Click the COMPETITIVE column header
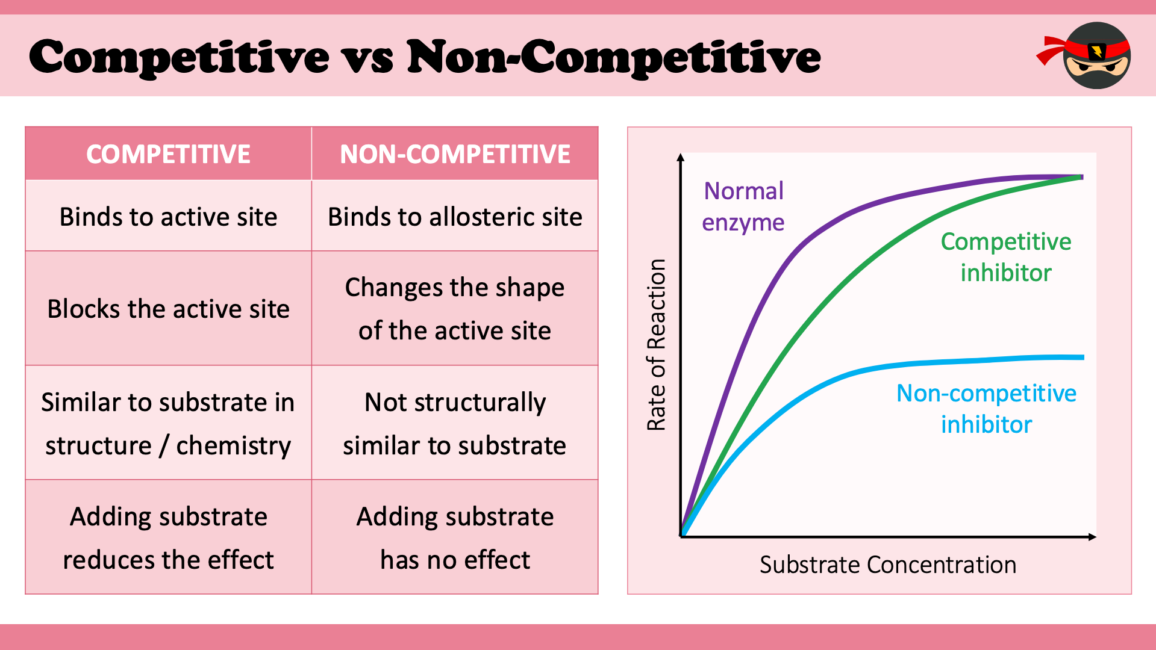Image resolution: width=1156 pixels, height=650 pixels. coord(168,154)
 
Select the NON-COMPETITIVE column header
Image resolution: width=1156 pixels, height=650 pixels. coord(455,154)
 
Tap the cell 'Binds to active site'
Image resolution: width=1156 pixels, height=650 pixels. coord(168,216)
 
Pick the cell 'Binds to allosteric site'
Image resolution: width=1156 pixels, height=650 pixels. coord(455,216)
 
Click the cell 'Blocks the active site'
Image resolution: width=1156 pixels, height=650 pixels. coord(168,308)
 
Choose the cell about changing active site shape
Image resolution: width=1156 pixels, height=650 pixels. coord(455,308)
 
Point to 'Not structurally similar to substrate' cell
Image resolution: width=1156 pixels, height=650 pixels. coord(455,423)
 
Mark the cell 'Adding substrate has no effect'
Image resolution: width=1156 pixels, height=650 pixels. coord(455,537)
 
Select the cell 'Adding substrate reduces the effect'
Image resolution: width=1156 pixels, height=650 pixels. coord(168,537)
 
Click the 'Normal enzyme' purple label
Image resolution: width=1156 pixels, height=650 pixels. coord(743,206)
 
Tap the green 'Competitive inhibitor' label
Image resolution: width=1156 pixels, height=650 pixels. coord(1006,257)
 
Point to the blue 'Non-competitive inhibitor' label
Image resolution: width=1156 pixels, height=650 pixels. coord(986,409)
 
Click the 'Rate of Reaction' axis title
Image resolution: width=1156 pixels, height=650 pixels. coord(656,345)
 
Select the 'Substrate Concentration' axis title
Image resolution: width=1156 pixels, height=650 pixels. coord(888,565)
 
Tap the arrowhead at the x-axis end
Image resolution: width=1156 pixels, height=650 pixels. coord(1093,537)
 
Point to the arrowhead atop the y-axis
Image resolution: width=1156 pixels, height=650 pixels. coord(681,157)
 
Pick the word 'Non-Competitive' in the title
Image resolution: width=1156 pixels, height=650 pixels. coord(614,58)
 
